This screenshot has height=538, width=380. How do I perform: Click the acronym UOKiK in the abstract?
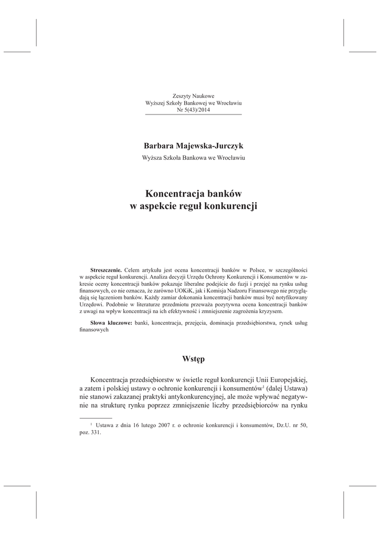(x=156, y=289)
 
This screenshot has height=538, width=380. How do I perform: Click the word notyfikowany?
(x=288, y=296)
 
